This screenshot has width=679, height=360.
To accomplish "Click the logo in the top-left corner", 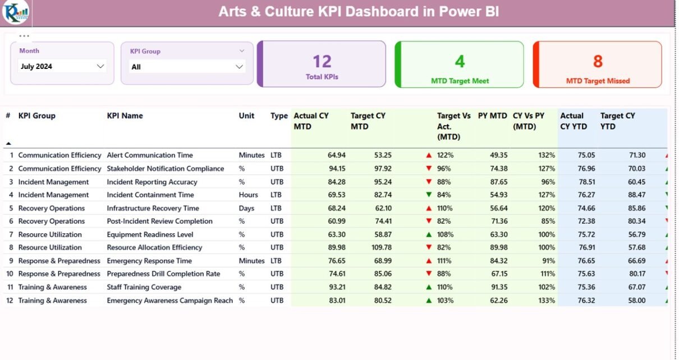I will pos(15,12).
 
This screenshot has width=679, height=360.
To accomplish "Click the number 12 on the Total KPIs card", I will pos(322,61).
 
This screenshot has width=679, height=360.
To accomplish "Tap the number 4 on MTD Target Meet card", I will pos(460,61).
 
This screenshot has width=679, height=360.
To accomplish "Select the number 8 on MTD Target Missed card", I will pos(598,61).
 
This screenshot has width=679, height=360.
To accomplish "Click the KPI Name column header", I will pos(125,116).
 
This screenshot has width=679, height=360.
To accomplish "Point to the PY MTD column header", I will pos(492,116).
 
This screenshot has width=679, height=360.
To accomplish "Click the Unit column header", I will pos(246,116).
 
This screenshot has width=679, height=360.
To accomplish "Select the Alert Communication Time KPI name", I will pos(150,155).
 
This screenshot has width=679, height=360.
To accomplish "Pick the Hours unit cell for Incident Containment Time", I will pos(249,195).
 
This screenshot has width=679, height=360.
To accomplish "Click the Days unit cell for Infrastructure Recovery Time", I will pos(246,208).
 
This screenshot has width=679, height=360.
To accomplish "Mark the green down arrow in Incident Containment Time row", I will pos(429,195).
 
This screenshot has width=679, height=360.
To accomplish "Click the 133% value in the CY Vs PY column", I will pos(547,301).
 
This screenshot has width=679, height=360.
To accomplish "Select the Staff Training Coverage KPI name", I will pos(144,287).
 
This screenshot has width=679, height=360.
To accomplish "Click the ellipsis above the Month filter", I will pos(24,36).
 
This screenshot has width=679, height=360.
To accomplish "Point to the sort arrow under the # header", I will pos(8,144).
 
